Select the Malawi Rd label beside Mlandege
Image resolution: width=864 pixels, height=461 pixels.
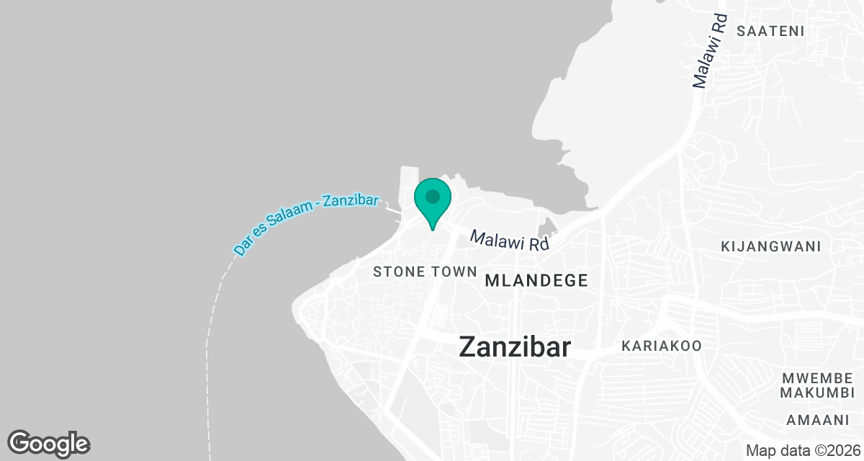[x=510, y=241]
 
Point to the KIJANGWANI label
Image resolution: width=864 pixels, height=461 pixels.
[x=770, y=246]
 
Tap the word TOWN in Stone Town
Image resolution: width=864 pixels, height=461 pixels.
[x=458, y=272]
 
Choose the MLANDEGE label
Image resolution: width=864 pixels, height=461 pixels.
[x=536, y=280]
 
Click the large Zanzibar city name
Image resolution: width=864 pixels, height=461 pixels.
[x=515, y=347]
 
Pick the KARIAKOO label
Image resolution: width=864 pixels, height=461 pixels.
[x=661, y=346]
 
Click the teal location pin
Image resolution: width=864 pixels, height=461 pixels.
[x=432, y=198]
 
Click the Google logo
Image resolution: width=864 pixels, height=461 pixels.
[x=49, y=443]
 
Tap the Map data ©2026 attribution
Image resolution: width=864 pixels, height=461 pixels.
[x=801, y=450]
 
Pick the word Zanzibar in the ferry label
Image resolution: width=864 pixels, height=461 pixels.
[x=351, y=202]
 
